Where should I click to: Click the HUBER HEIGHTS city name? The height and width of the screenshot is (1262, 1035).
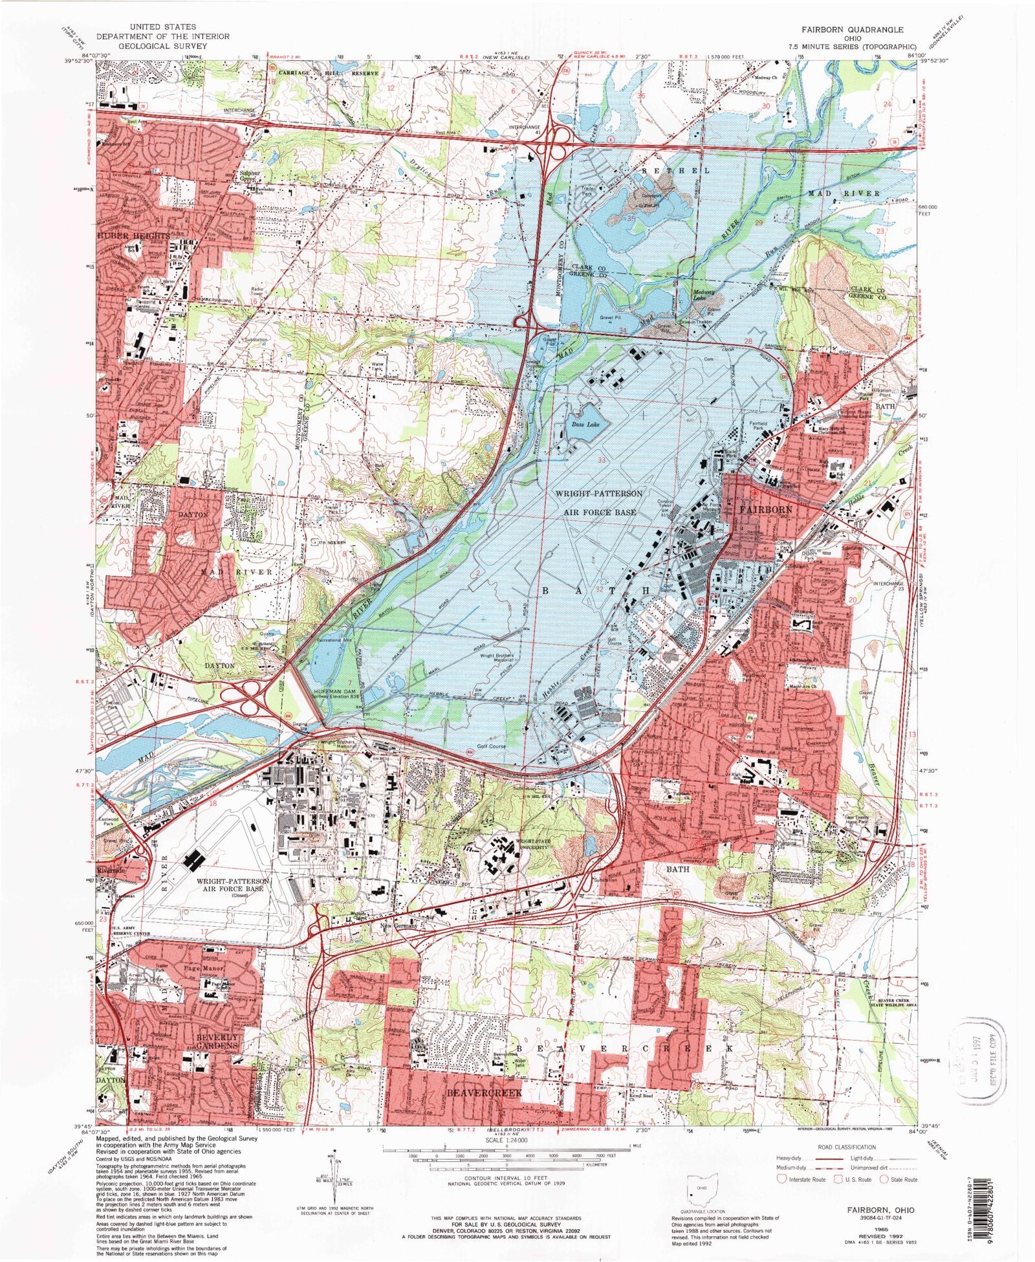pyautogui.click(x=135, y=236)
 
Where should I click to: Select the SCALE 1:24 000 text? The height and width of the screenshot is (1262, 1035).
pyautogui.click(x=506, y=1142)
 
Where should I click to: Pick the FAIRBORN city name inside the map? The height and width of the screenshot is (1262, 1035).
pyautogui.click(x=765, y=509)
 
